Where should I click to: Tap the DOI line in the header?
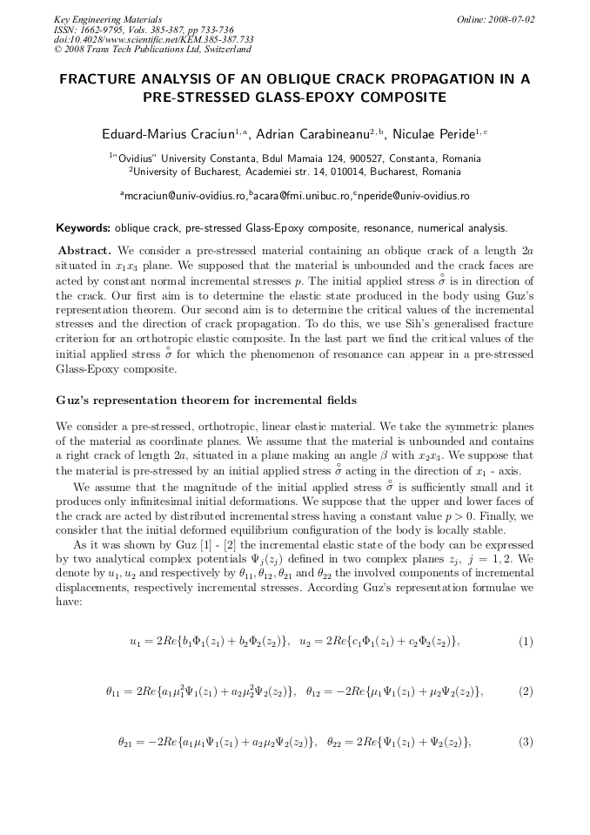tap(153, 40)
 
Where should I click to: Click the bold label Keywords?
tap(84, 229)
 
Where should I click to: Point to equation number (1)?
tap(525, 642)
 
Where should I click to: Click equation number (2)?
tap(525, 691)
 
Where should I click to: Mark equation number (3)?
tap(525, 742)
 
